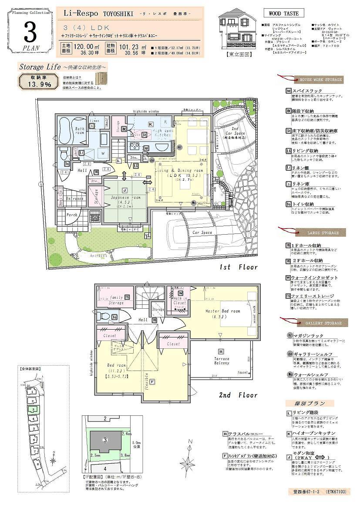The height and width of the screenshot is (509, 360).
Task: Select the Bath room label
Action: point(79,131)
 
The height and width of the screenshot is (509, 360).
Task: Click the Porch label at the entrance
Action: point(71,215)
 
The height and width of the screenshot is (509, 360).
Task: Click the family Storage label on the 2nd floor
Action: point(116,299)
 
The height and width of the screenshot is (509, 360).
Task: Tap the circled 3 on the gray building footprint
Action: point(104,439)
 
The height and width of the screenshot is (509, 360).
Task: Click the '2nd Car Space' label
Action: point(235,130)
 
